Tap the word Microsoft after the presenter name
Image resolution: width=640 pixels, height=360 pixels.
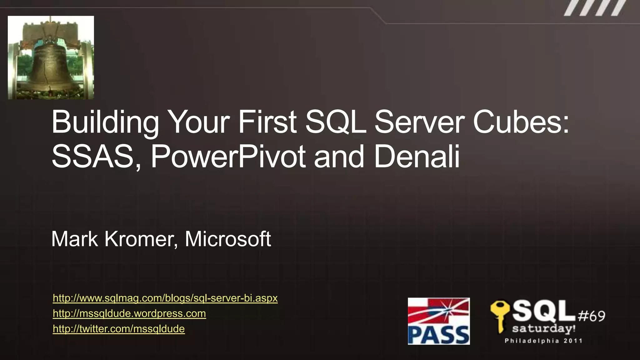[228, 239]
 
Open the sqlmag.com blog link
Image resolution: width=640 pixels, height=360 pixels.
[165, 298]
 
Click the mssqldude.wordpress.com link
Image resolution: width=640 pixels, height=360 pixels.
[129, 313]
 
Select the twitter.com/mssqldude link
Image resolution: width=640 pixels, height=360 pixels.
[119, 329]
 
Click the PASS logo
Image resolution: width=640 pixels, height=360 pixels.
[438, 321]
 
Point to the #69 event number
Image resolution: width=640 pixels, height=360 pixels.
[592, 316]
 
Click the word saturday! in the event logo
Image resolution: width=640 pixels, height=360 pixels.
[544, 329]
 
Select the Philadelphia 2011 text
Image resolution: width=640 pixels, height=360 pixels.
[544, 341]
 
